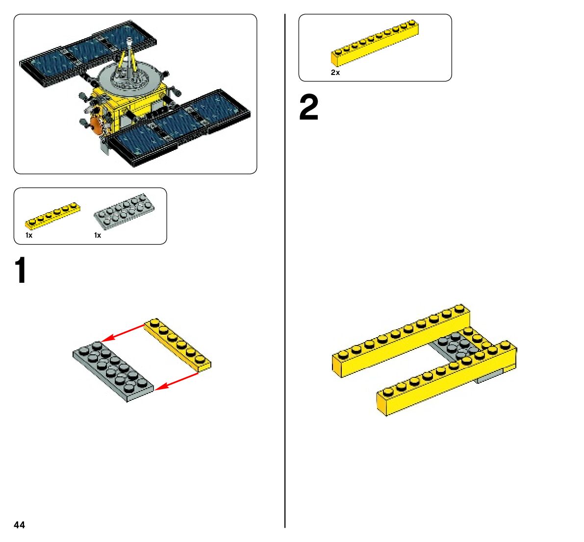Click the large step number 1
click(x=21, y=271)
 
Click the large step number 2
click(x=309, y=108)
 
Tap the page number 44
click(x=19, y=525)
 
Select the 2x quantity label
click(x=335, y=73)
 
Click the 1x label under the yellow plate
click(x=29, y=235)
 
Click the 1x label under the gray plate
click(x=98, y=235)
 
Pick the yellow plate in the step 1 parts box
click(x=52, y=216)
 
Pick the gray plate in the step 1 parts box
click(x=124, y=211)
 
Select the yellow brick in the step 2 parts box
click(x=375, y=43)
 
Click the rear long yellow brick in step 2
click(x=400, y=341)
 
